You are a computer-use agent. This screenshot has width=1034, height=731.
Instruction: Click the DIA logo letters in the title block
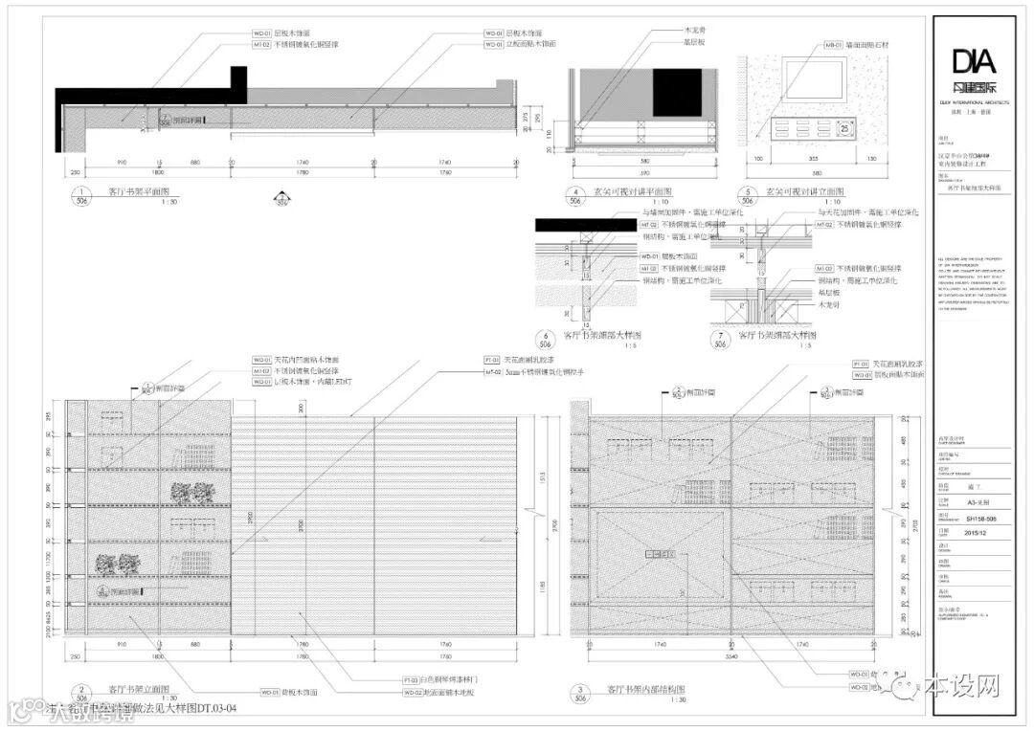tap(974, 61)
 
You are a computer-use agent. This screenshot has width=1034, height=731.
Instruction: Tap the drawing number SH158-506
tap(981, 519)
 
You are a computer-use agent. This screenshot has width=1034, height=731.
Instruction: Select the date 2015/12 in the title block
tap(976, 533)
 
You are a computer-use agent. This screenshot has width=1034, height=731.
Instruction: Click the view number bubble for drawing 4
tap(575, 195)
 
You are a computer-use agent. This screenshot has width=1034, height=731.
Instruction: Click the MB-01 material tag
tap(831, 44)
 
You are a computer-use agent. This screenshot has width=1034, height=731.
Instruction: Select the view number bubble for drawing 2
tap(83, 694)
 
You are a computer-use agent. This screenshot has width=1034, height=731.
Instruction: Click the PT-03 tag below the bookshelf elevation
tap(412, 679)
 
